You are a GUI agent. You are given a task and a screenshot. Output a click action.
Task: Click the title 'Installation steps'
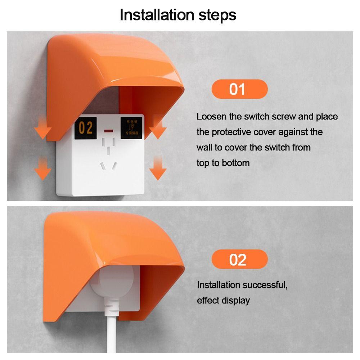(x=178, y=15)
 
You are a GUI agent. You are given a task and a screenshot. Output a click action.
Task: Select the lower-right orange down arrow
(x=157, y=168)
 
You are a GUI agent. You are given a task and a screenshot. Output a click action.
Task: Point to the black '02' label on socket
(x=86, y=128)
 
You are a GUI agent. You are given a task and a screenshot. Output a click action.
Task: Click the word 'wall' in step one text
(x=204, y=148)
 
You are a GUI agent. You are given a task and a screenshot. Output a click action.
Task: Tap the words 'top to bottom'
(x=223, y=163)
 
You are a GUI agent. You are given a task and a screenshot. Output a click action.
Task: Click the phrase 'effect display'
(x=223, y=301)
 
